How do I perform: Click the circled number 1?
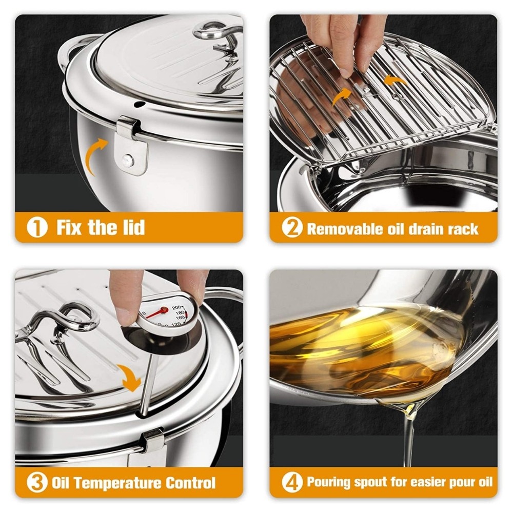pos(37,228)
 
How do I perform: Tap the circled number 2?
pos(292,228)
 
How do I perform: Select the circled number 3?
pos(37,483)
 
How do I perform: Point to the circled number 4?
pos(292,483)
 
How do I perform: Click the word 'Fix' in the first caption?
pos(70,227)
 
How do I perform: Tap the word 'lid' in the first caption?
pos(134,227)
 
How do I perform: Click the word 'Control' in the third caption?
pos(190,483)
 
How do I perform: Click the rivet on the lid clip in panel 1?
pos(127,160)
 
